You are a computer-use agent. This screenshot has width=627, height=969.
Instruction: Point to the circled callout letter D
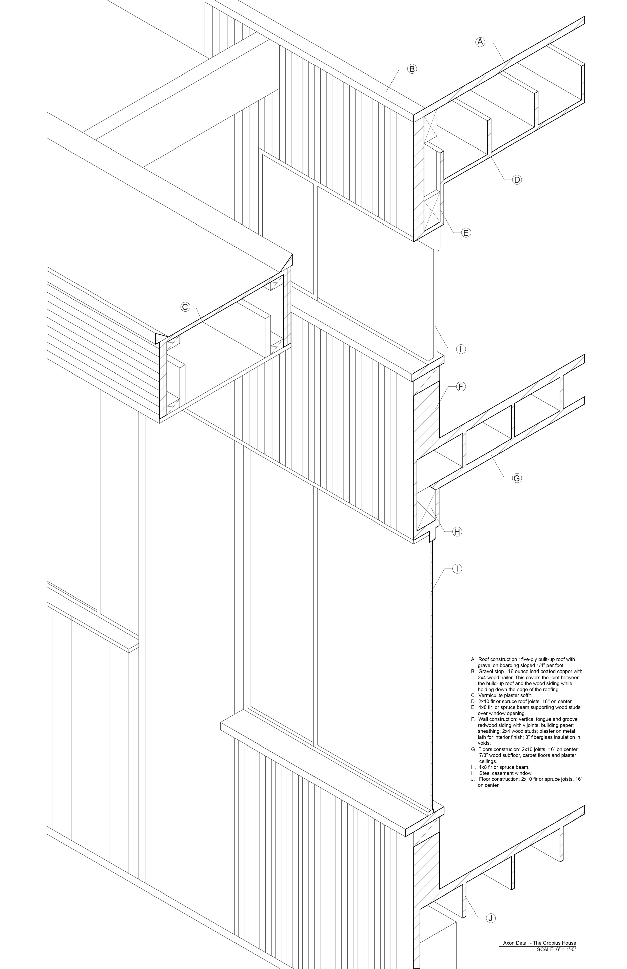coord(517,180)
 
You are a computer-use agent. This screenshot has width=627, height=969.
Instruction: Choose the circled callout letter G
coord(517,478)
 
